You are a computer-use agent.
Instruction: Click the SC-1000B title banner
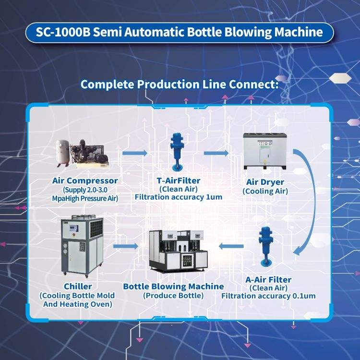tap(180, 32)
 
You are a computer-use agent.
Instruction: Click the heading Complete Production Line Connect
tap(180, 84)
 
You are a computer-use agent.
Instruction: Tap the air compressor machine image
tap(82, 154)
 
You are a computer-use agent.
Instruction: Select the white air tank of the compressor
tap(62, 153)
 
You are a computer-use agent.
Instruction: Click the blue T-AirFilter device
tap(177, 152)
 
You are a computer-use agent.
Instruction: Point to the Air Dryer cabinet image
tap(264, 151)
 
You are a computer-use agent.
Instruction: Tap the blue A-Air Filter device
tap(265, 247)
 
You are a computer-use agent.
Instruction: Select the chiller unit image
tap(82, 246)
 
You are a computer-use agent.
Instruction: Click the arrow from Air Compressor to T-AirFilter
tap(134, 153)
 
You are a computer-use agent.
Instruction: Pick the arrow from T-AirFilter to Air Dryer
tap(216, 153)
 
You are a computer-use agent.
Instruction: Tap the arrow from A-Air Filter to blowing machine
tap(231, 246)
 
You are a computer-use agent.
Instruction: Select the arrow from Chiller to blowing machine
tap(126, 246)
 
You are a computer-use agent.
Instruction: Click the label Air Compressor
tap(85, 180)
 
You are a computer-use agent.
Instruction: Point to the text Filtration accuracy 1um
tap(179, 197)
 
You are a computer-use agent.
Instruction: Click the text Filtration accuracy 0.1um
tap(268, 296)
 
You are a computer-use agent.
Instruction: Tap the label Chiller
tap(78, 286)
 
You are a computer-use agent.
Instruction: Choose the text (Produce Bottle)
tap(173, 296)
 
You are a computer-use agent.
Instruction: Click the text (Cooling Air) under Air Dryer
tap(265, 191)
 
